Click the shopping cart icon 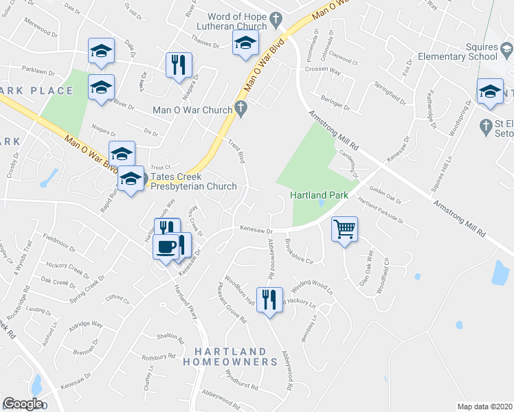pyautogui.click(x=344, y=229)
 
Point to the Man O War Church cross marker pyautogui.click(x=240, y=108)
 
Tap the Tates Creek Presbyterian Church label pyautogui.click(x=190, y=181)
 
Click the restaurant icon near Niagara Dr pyautogui.click(x=178, y=65)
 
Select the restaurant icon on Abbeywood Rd pyautogui.click(x=269, y=299)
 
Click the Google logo pyautogui.click(x=23, y=404)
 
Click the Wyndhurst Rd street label pyautogui.click(x=241, y=380)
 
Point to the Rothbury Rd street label pyautogui.click(x=159, y=357)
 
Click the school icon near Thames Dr pyautogui.click(x=244, y=44)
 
